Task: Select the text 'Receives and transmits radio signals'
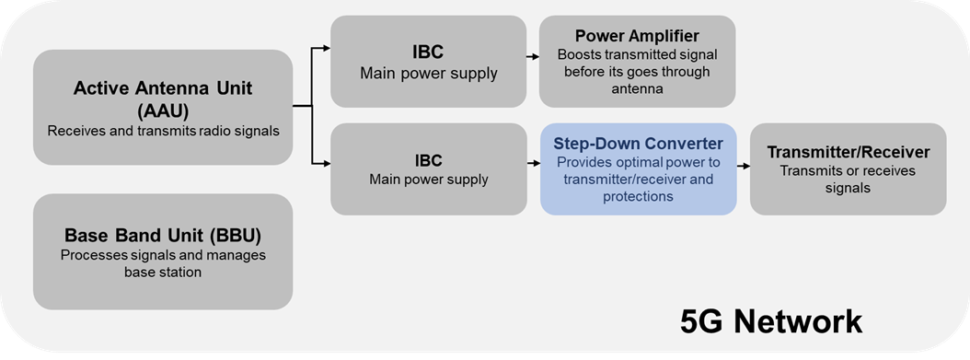pyautogui.click(x=163, y=131)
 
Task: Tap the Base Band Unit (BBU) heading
pyautogui.click(x=163, y=236)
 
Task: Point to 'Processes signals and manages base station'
pyautogui.click(x=163, y=263)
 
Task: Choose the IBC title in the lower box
pyautogui.click(x=428, y=161)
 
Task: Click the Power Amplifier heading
pyautogui.click(x=637, y=35)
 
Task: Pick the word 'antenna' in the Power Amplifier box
pyautogui.click(x=637, y=89)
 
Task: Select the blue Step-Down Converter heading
pyautogui.click(x=638, y=144)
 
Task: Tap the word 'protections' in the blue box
pyautogui.click(x=638, y=197)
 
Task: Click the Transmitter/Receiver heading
pyautogui.click(x=849, y=152)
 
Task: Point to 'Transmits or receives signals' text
pyautogui.click(x=849, y=178)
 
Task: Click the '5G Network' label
pyautogui.click(x=771, y=321)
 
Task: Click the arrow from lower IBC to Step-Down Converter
pyautogui.click(x=533, y=164)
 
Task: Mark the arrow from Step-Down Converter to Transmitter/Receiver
pyautogui.click(x=743, y=167)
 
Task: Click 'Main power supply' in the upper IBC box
pyautogui.click(x=428, y=74)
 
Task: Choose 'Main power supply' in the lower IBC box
pyautogui.click(x=428, y=180)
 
